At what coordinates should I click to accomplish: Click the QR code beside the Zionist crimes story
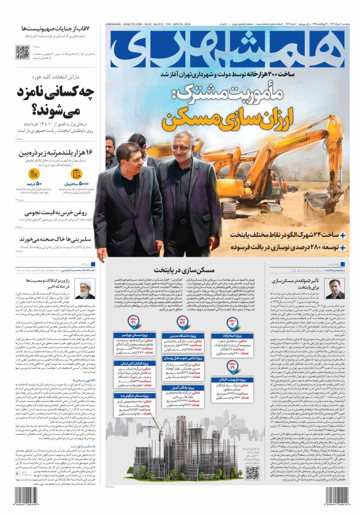click(22, 52)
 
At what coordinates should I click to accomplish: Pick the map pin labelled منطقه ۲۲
click(182, 320)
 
